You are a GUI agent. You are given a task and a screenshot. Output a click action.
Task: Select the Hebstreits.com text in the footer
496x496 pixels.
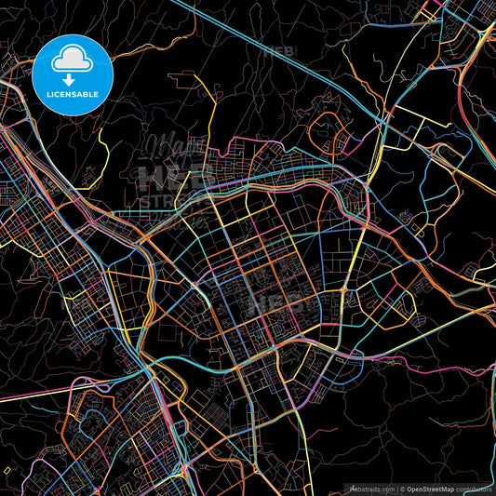coord(370,488)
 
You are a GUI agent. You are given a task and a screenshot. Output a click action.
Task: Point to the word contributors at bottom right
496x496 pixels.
coord(473,488)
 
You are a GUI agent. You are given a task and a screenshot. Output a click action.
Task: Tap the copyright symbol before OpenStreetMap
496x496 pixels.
coord(401,488)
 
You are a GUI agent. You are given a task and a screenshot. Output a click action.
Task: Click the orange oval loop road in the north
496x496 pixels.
coord(328,130)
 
